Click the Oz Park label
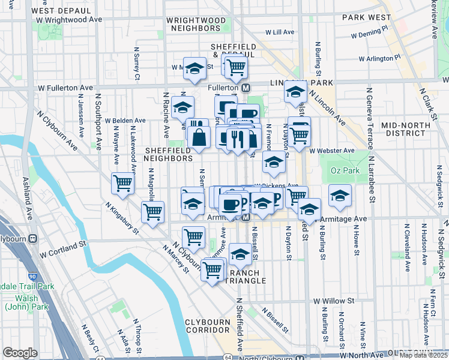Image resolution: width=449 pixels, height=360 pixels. pyautogui.click(x=345, y=171)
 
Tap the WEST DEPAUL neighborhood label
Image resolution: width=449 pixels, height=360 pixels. pyautogui.click(x=56, y=10)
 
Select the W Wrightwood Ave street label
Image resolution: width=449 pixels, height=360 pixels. pyautogui.click(x=69, y=19)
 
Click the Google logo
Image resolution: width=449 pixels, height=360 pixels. pyautogui.click(x=20, y=353)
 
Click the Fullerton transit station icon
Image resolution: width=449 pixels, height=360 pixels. pyautogui.click(x=246, y=88)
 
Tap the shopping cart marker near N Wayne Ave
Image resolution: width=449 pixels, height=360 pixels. pyautogui.click(x=122, y=183)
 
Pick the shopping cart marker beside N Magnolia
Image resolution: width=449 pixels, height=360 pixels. pyautogui.click(x=152, y=212)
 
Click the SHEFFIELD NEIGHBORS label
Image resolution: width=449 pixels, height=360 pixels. pyautogui.click(x=168, y=154)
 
